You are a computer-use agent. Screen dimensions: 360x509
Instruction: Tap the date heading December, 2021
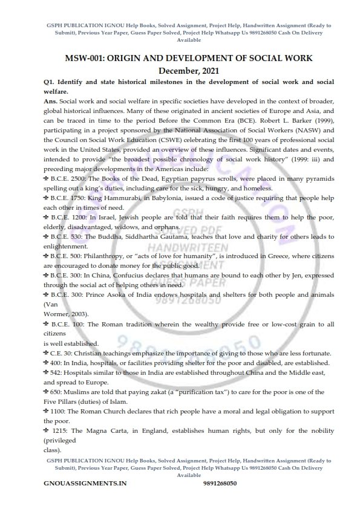[x=180, y=70]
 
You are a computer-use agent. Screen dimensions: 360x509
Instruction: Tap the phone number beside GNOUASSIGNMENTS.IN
[x=220, y=484]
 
